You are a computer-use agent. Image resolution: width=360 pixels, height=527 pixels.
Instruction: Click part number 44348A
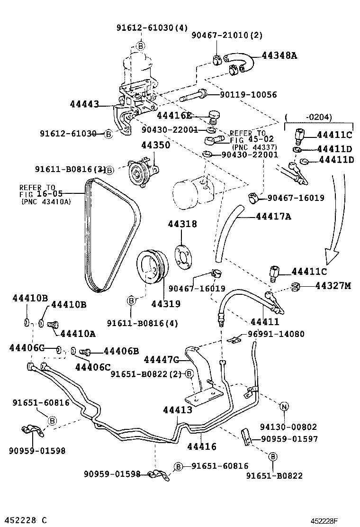tap(279, 55)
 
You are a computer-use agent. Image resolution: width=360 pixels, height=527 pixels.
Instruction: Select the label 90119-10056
tap(248, 95)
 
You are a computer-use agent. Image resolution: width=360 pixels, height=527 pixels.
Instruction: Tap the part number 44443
tap(85, 104)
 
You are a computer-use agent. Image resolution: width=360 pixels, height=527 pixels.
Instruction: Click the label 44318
tap(181, 224)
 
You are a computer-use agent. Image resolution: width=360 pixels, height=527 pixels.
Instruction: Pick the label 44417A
tap(273, 217)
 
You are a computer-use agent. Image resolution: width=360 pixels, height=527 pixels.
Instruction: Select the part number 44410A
tap(78, 334)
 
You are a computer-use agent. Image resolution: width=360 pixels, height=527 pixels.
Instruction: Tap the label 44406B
tap(121, 351)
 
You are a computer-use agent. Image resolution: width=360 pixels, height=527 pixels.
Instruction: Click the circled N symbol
tap(284, 406)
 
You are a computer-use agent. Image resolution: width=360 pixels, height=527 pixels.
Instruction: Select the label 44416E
tap(174, 115)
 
